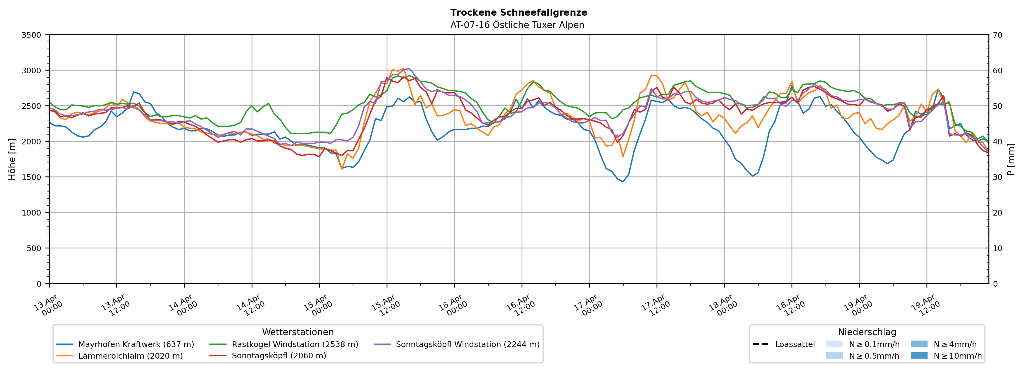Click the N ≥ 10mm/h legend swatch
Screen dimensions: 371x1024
tap(919, 355)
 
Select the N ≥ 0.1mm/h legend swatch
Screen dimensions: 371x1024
tap(834, 344)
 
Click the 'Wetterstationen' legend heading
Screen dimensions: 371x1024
tap(298, 332)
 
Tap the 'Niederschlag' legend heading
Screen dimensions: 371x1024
tap(867, 332)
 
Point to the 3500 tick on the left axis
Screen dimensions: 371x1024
tap(31, 35)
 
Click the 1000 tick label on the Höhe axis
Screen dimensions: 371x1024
tap(31, 213)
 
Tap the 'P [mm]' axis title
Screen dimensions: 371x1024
tap(1011, 159)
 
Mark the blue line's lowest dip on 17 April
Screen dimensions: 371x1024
tap(623, 182)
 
